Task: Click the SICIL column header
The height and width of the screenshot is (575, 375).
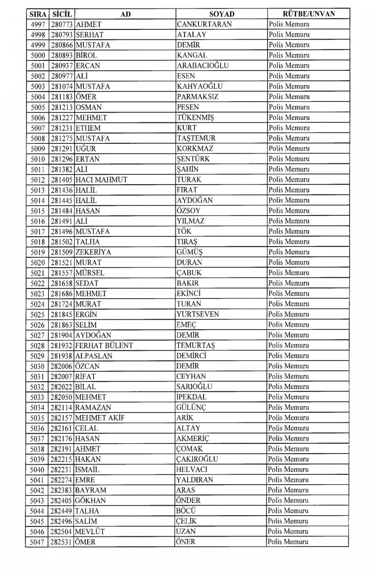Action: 61,14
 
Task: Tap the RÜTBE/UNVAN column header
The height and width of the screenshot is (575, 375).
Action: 309,14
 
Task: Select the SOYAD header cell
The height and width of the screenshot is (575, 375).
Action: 222,14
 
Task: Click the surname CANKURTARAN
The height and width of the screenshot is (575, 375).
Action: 204,24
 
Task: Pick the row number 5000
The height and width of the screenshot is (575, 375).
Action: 38,56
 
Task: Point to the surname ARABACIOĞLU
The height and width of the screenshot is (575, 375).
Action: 202,66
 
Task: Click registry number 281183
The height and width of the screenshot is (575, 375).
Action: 61,97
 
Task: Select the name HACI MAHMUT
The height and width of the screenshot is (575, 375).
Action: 101,180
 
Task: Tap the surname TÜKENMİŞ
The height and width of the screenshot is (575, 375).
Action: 195,118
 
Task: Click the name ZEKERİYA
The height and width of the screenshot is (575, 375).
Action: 93,252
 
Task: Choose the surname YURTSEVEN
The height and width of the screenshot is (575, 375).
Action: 198,314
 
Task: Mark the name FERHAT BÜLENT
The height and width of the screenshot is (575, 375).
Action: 104,346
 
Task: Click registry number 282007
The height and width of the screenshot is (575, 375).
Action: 61,376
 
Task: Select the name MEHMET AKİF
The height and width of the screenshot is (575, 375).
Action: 100,418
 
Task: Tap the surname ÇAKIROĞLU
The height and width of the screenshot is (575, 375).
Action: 197,459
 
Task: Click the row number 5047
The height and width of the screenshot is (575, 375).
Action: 37,542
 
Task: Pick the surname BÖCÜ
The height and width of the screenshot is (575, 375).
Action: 186,511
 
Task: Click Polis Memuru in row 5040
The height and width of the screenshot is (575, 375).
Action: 288,469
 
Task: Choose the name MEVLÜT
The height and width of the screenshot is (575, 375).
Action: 90,531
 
